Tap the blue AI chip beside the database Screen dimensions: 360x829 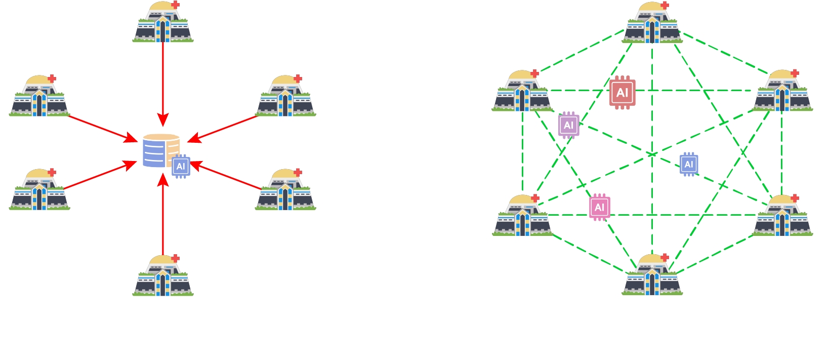pyautogui.click(x=181, y=167)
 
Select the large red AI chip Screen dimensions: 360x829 pyautogui.click(x=622, y=93)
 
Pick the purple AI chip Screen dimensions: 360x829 pyautogui.click(x=569, y=125)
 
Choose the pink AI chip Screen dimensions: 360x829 pyautogui.click(x=600, y=207)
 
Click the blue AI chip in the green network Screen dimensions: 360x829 pyautogui.click(x=689, y=165)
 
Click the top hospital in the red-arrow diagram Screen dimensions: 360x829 pyautogui.click(x=163, y=23)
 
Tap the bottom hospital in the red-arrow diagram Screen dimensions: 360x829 pyautogui.click(x=163, y=276)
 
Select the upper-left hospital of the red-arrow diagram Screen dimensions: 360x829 pyautogui.click(x=39, y=97)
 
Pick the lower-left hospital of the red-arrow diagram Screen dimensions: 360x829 pyautogui.click(x=39, y=190)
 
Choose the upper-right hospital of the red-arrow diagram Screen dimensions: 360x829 pyautogui.click(x=286, y=97)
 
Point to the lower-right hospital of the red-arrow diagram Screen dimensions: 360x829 pyautogui.click(x=286, y=190)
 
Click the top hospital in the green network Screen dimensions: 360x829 pyautogui.click(x=652, y=23)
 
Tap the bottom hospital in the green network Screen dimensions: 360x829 pyautogui.click(x=652, y=275)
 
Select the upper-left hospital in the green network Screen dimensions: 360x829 pyautogui.click(x=522, y=92)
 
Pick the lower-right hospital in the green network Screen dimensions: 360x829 pyautogui.click(x=782, y=217)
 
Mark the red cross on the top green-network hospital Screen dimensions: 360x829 pyautogui.click(x=665, y=6)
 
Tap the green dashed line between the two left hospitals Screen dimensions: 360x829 pyautogui.click(x=522, y=152)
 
